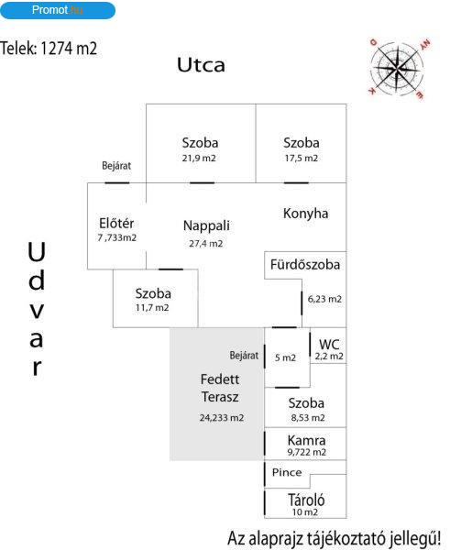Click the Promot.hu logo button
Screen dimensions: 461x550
(x=58, y=10)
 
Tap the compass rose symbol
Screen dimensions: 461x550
(x=397, y=67)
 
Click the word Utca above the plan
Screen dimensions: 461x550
(x=201, y=65)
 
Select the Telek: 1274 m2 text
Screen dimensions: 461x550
(x=49, y=49)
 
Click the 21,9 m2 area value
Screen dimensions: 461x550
(x=199, y=159)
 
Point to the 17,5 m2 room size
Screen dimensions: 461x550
(x=302, y=159)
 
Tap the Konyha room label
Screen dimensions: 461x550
(x=306, y=214)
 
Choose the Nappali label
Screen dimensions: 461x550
(x=206, y=225)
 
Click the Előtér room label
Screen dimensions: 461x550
(x=116, y=224)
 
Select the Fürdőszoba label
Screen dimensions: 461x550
(x=305, y=265)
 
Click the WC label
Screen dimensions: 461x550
(x=329, y=345)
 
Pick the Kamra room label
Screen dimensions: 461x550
(x=306, y=441)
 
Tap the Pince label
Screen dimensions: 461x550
(x=287, y=472)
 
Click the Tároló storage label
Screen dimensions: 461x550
(x=306, y=500)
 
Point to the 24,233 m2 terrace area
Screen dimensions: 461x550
(x=222, y=418)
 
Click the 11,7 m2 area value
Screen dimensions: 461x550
(x=152, y=308)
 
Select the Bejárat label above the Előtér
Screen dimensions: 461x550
(x=116, y=166)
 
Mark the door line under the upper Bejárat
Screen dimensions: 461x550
(x=117, y=182)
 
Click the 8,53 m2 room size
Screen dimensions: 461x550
(x=308, y=418)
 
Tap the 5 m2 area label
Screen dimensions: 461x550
(x=285, y=357)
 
